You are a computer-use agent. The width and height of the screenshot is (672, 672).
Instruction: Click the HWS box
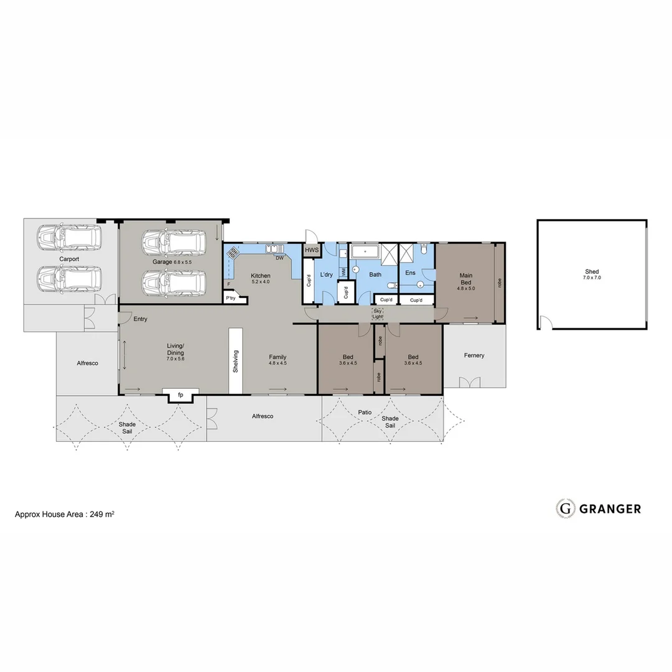[x=311, y=250]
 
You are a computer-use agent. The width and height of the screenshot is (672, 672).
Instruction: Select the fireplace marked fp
[x=180, y=395]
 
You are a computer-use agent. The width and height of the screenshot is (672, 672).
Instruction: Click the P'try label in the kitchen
[x=231, y=299]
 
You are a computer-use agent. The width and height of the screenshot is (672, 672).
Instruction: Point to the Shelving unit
[x=236, y=361]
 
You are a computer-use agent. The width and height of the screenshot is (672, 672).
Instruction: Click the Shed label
[x=592, y=271]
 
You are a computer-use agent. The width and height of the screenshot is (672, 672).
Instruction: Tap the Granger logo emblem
[x=565, y=508]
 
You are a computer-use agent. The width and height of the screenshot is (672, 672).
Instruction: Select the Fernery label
[x=474, y=355]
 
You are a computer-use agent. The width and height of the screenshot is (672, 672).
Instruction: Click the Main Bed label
[x=466, y=279]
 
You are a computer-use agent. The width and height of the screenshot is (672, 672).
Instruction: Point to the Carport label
[x=70, y=258]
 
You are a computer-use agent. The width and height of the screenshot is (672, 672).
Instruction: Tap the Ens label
[x=411, y=273]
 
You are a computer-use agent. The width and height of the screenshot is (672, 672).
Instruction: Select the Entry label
[x=141, y=319]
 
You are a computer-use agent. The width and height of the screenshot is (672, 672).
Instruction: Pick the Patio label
[x=365, y=412]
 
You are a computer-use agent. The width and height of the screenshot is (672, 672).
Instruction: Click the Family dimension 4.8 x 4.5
[x=278, y=363]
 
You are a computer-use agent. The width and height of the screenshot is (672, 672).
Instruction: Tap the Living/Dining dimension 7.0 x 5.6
[x=175, y=359]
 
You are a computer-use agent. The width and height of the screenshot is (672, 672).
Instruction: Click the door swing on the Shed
[x=546, y=323]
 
